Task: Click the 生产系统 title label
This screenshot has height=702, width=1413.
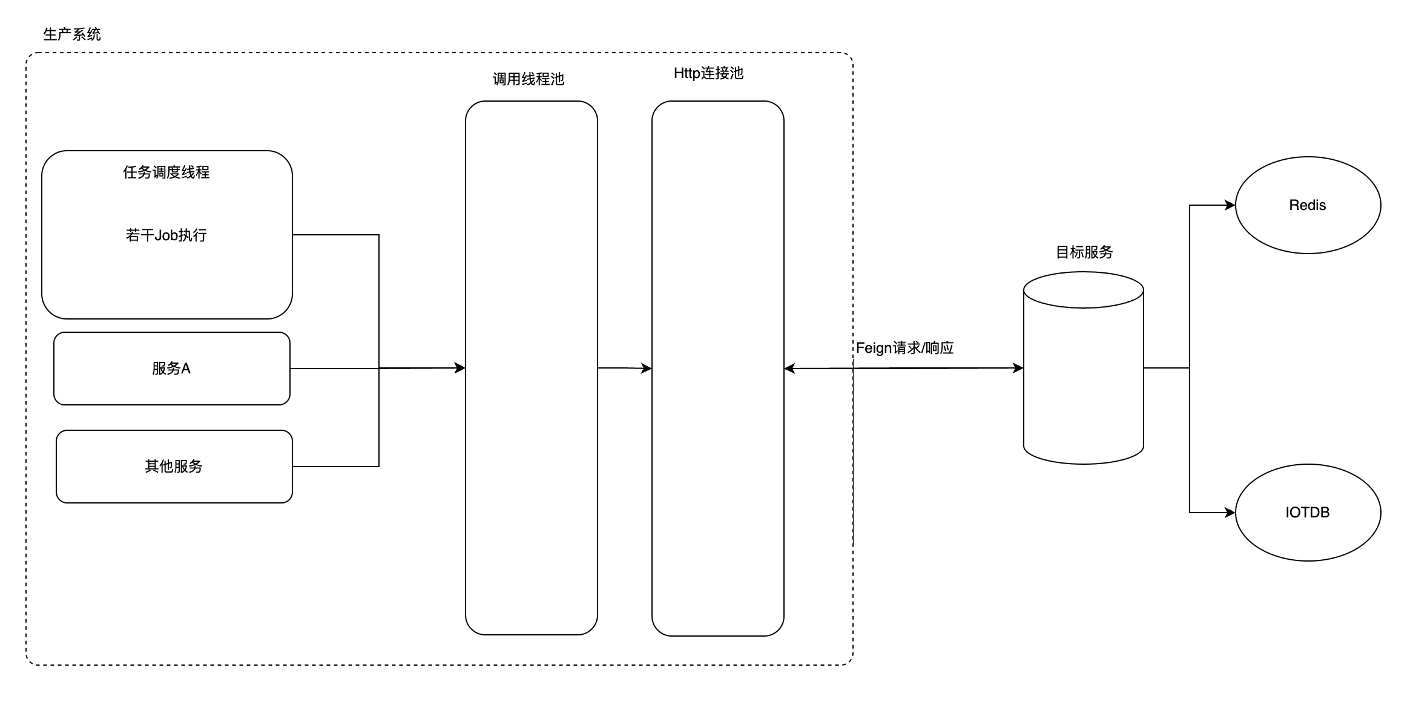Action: coord(72,34)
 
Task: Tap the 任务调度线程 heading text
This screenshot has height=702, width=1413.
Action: coord(166,172)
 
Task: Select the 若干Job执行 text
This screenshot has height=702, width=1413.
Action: coord(166,235)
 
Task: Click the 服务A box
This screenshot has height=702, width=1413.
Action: coord(172,369)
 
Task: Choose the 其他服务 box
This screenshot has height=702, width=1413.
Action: coord(174,467)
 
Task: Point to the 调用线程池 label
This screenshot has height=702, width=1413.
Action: coord(528,79)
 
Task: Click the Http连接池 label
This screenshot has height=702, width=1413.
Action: coord(708,73)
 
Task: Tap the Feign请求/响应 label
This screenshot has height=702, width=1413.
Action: coord(904,348)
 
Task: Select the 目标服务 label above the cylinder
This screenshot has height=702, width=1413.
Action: coord(1084,252)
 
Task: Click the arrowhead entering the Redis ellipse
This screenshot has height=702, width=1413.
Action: coord(1230,205)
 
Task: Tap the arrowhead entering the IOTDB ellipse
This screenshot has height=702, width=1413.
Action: coord(1230,513)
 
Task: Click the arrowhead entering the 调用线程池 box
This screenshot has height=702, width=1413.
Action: coord(460,368)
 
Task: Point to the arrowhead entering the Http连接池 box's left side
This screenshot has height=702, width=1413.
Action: coord(647,368)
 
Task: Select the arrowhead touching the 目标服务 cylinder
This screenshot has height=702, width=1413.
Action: coord(1018,368)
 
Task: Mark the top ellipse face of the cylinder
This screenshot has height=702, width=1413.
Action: coord(1084,290)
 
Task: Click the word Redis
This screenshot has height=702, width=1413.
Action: coord(1308,205)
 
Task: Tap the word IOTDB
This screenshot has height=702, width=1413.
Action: coord(1308,513)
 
